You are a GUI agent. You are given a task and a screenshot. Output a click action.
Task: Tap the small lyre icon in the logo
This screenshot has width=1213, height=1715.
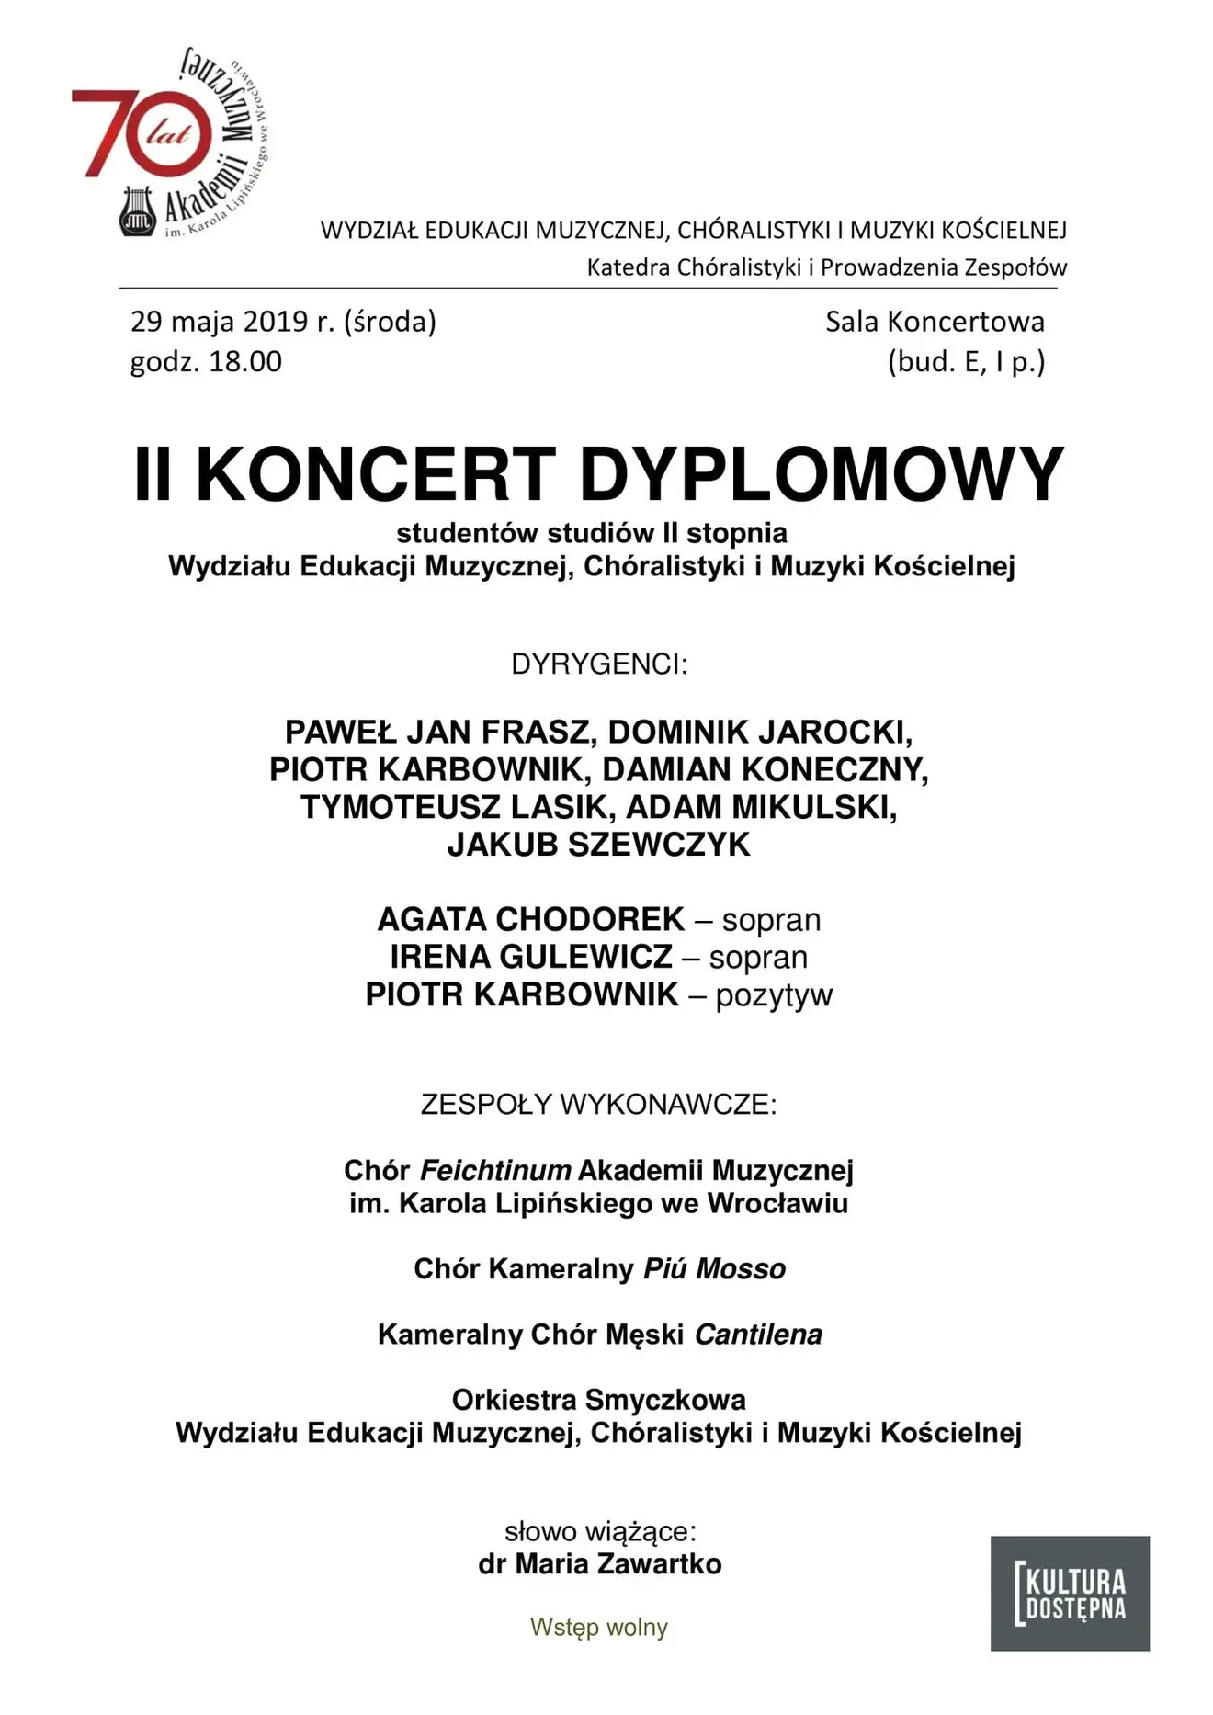[138, 212]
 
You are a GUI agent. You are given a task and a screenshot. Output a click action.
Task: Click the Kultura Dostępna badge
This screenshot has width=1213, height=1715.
[1070, 1593]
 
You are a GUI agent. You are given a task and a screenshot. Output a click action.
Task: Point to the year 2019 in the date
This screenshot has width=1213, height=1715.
[275, 322]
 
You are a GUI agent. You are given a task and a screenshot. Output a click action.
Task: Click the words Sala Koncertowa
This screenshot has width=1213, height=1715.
[935, 322]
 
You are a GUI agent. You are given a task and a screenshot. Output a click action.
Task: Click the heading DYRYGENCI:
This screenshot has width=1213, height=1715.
[599, 664]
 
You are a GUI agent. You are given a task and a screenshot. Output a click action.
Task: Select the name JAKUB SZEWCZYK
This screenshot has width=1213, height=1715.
[599, 845]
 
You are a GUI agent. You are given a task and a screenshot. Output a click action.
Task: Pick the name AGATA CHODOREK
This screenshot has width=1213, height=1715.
[531, 919]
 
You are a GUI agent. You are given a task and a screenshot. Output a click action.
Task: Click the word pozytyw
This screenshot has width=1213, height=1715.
[774, 995]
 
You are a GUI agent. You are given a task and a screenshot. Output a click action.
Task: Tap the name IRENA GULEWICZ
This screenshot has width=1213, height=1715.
[531, 957]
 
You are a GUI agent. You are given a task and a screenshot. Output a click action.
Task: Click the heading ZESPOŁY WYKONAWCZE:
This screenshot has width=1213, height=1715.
[599, 1104]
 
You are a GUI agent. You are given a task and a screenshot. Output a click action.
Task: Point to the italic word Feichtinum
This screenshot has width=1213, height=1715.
[495, 1170]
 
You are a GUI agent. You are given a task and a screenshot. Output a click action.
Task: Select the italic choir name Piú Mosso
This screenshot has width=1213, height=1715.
[714, 1269]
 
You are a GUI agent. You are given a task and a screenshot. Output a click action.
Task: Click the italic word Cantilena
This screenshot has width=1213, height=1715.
[758, 1335]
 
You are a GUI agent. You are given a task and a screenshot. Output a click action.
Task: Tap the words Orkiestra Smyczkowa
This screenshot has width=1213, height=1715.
[599, 1400]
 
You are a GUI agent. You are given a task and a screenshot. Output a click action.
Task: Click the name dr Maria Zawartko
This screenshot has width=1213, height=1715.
[599, 1563]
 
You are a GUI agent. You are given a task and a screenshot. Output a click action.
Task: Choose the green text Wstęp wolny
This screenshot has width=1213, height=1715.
[599, 1627]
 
